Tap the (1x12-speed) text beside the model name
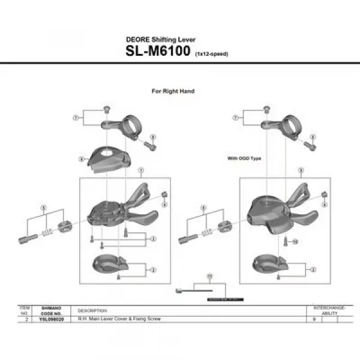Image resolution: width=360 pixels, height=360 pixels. (211, 53)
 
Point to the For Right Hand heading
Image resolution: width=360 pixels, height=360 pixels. (173, 91)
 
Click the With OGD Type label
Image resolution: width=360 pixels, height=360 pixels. (244, 158)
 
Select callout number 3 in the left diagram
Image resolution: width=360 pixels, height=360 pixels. (154, 239)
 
